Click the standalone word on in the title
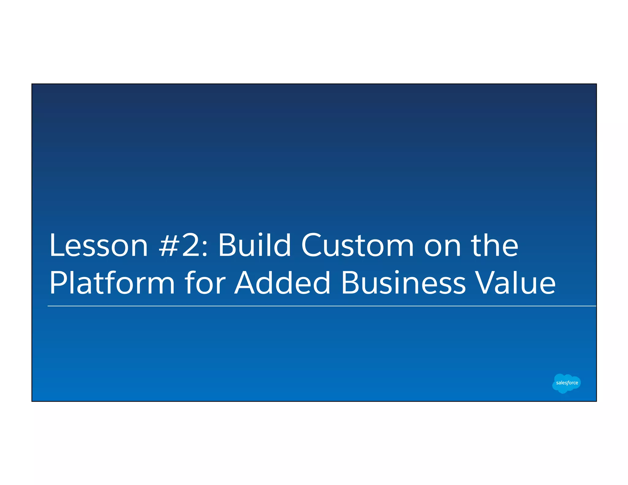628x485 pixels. pos(442,248)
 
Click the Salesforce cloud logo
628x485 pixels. pos(566,383)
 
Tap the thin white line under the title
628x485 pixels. pos(322,306)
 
